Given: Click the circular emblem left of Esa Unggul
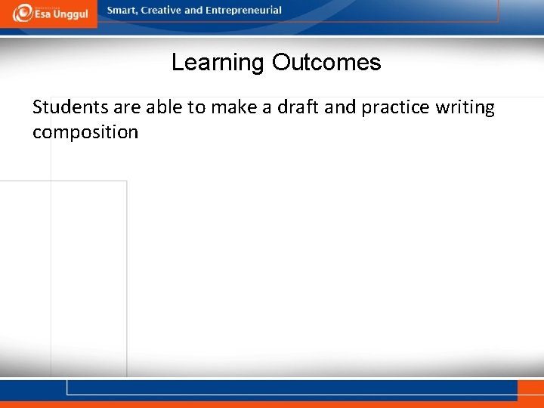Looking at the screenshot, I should tap(22, 13).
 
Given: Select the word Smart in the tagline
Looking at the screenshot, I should tap(122, 11).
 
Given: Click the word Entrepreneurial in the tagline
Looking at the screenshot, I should tap(243, 11).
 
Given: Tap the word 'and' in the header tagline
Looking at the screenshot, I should tap(193, 11).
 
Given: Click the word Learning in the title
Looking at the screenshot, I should tap(218, 63).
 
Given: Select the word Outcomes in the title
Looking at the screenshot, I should tap(326, 63).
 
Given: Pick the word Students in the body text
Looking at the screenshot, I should tap(66, 107).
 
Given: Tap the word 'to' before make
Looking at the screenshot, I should tap(196, 107).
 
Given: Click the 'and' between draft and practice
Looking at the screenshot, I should tap(341, 107).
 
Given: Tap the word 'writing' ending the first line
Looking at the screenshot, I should tap(465, 107).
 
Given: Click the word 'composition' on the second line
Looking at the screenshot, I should tap(85, 132).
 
